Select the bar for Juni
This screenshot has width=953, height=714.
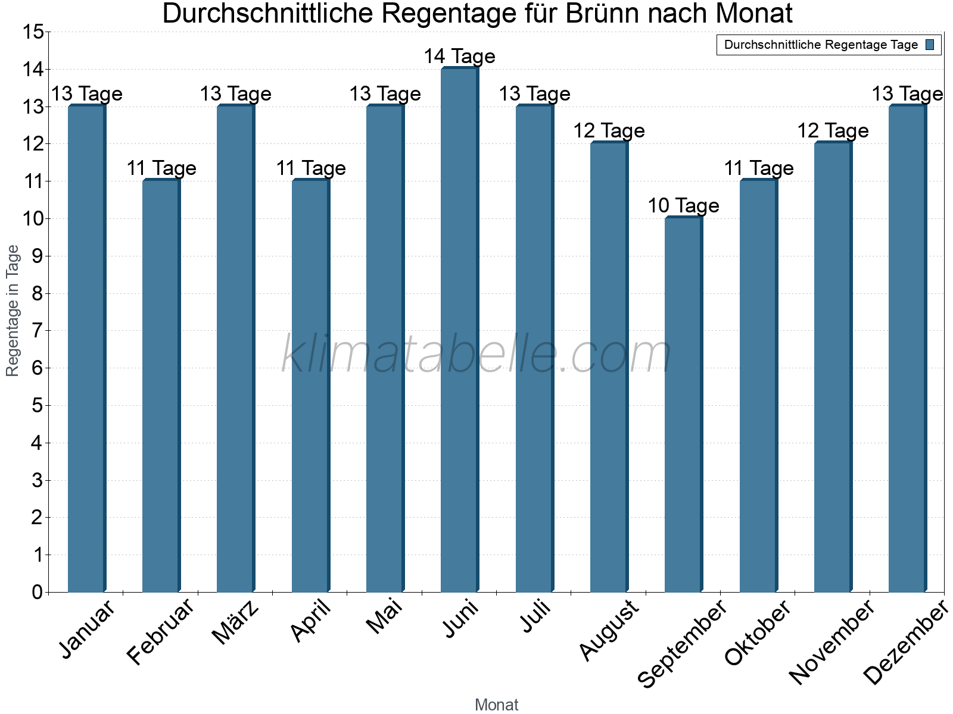click(x=459, y=330)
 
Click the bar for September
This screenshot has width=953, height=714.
click(x=683, y=405)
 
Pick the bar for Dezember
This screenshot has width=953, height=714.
click(x=907, y=348)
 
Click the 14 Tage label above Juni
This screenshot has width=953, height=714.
click(x=459, y=57)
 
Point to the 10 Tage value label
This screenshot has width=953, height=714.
click(x=683, y=206)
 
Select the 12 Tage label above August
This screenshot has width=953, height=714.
click(x=609, y=131)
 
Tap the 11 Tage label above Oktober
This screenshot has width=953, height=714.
click(x=758, y=168)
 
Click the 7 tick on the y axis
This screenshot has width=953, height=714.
click(x=38, y=330)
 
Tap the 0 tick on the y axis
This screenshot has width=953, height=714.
click(x=38, y=592)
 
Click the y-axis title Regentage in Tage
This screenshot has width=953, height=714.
click(x=13, y=311)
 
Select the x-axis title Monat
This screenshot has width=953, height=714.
click(x=496, y=705)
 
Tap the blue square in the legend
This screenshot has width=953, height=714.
click(x=930, y=45)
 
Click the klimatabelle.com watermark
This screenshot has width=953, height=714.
click(x=476, y=354)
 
